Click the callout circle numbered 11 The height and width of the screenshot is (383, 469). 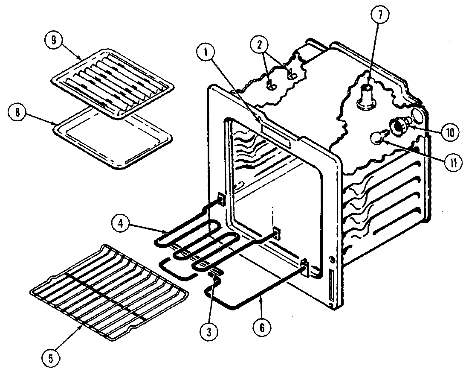tap(450, 163)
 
